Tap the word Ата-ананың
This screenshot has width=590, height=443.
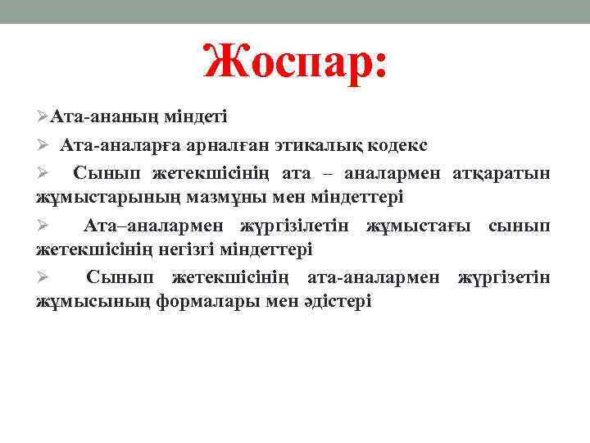[x=104, y=118]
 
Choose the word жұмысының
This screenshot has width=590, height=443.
[x=93, y=301]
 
